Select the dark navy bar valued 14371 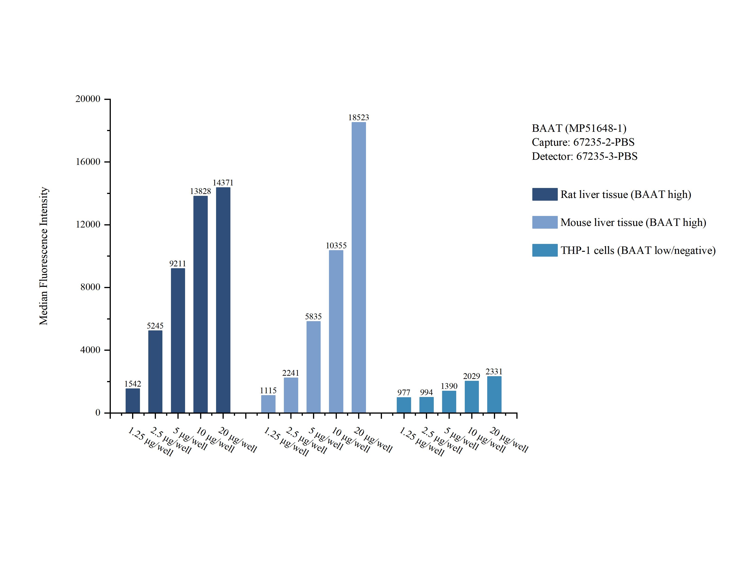[223, 300]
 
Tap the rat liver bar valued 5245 [155, 371]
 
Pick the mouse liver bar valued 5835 [313, 366]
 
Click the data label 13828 [200, 191]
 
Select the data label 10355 [336, 246]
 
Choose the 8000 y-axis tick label [90, 287]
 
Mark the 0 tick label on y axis [98, 412]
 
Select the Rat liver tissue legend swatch [544, 194]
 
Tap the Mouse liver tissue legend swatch [544, 222]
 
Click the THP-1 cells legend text [638, 250]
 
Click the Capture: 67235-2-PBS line [583, 142]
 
